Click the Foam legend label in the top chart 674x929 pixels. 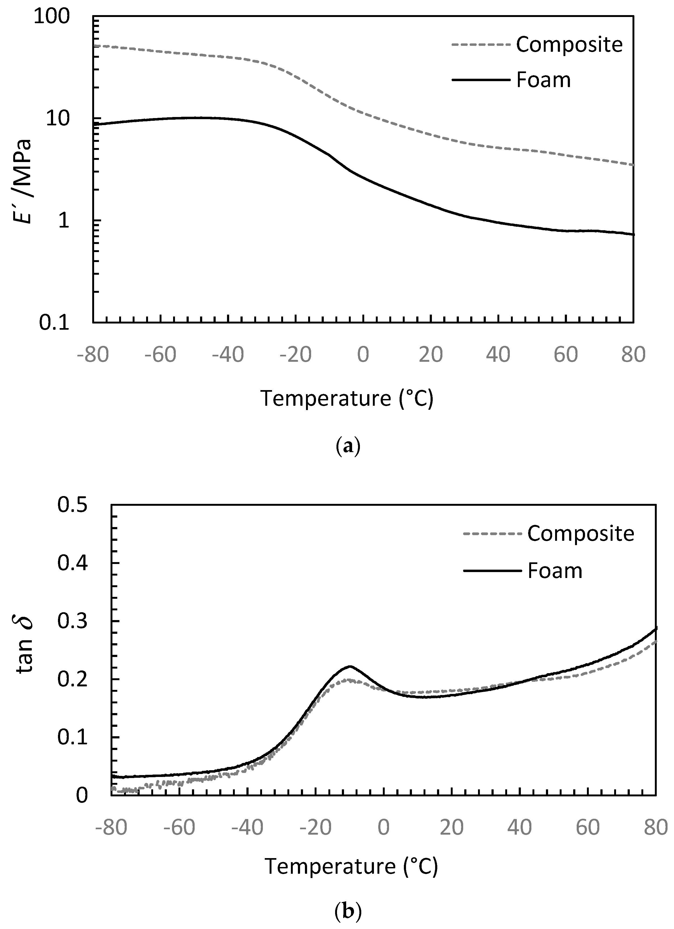(543, 80)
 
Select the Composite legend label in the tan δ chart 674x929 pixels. (580, 533)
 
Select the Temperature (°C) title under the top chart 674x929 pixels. (347, 398)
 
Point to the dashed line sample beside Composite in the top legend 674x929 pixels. (481, 44)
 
